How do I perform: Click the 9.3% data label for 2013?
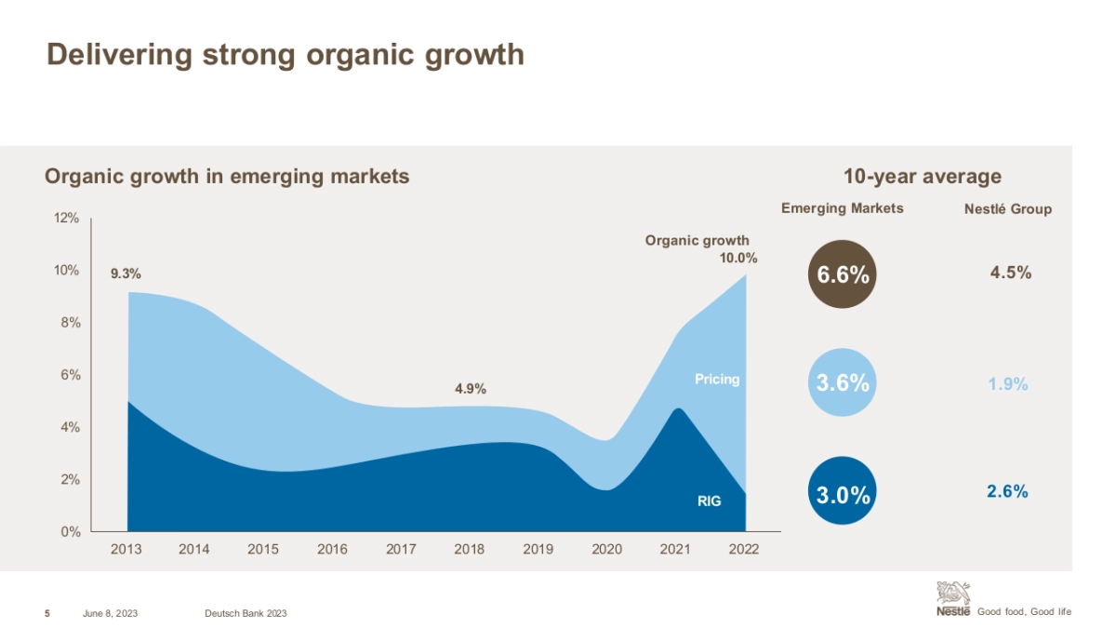click(126, 274)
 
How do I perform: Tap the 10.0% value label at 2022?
click(738, 258)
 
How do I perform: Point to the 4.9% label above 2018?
click(471, 389)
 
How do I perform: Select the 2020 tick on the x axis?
click(607, 549)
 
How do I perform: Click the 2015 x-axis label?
click(263, 549)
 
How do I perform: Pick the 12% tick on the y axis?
click(65, 218)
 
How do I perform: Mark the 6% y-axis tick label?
click(69, 375)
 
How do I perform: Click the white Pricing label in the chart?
click(717, 379)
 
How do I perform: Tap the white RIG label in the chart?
click(708, 501)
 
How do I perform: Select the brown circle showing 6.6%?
click(843, 274)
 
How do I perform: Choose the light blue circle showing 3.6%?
click(843, 382)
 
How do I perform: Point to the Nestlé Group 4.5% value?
click(1011, 273)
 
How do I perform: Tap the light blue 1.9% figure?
click(1007, 383)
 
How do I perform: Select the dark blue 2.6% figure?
click(1007, 491)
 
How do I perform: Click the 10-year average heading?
click(922, 176)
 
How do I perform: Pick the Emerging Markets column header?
click(842, 208)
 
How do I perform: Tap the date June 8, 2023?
click(110, 612)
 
